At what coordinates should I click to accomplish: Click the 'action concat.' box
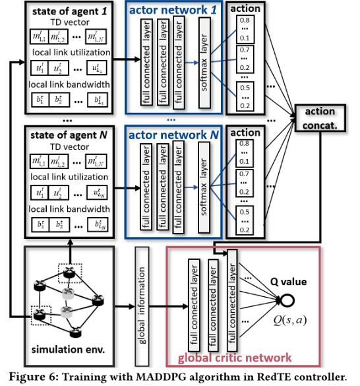point(320,117)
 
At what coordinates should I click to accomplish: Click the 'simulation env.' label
point(64,347)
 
